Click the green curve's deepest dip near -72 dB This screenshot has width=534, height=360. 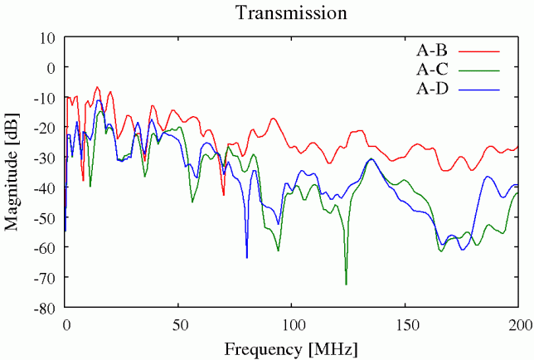click(347, 284)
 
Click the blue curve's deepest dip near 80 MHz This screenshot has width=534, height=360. click(246, 257)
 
